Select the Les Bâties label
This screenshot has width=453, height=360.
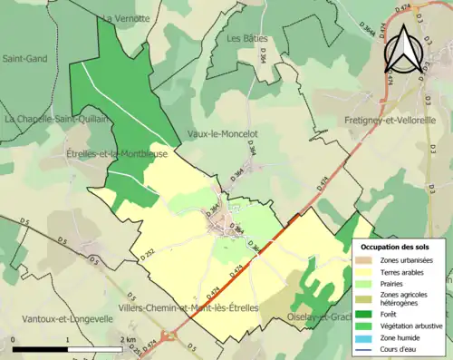[x=247, y=38]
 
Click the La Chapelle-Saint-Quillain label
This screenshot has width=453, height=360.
[x=56, y=119]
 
